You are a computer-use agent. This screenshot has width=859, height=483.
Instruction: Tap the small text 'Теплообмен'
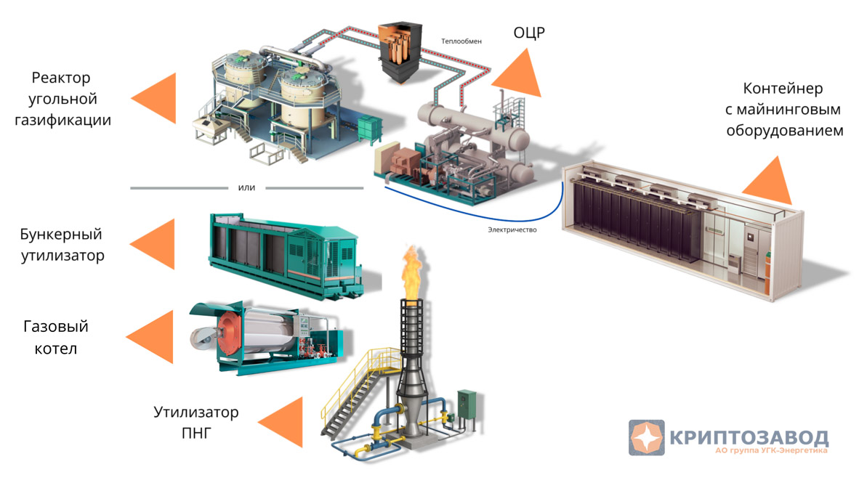click(461, 41)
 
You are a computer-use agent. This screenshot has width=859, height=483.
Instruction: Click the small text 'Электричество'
click(512, 230)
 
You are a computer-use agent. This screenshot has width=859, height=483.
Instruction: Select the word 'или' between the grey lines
click(247, 187)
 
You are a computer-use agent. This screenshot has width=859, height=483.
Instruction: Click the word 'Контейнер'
click(783, 89)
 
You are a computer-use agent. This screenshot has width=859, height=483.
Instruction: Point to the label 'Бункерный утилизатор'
click(62, 245)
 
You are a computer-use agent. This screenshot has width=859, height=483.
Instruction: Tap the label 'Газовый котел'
click(56, 338)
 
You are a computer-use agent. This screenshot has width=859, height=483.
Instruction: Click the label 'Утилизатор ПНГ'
click(195, 423)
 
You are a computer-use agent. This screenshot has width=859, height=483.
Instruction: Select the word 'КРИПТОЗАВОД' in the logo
click(749, 437)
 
